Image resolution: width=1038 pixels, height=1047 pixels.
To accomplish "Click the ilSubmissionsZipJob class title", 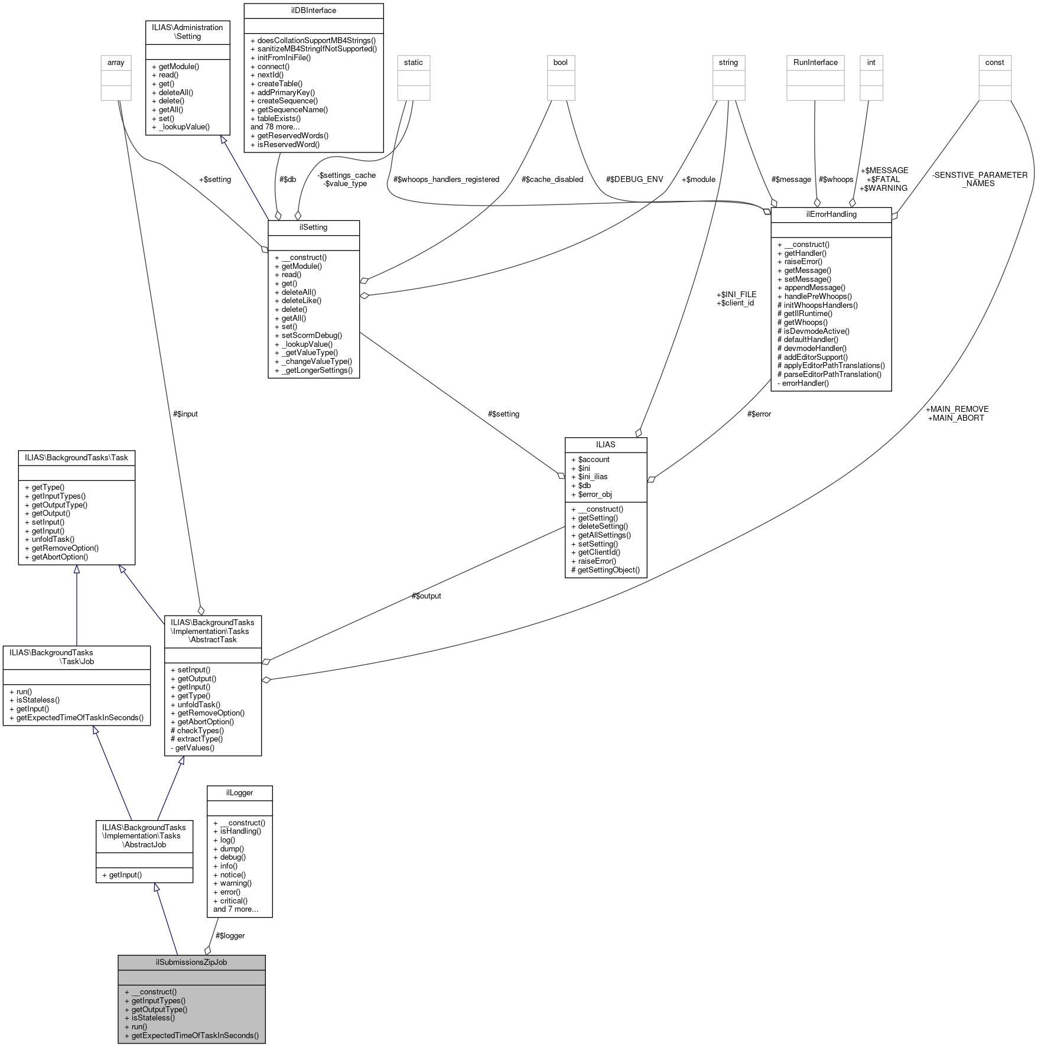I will pos(191,962).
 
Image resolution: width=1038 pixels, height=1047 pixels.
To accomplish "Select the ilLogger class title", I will pos(239,792).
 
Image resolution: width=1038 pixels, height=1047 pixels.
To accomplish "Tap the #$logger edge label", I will pos(230,935).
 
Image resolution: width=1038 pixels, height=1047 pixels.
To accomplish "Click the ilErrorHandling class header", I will pos(831,214).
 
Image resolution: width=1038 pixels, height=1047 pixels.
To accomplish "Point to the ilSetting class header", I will pos(313,227).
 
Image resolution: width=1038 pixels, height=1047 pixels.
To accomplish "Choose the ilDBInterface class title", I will pos(313,10).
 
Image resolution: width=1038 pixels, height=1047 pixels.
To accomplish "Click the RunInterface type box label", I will pos(815,62).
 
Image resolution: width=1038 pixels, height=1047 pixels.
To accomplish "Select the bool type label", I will pos(560,62).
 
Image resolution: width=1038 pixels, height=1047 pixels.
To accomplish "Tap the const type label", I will pos(994,62).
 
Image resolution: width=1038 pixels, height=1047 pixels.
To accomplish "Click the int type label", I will pos(871,62).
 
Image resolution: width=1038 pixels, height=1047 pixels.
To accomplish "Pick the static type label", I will pos(413,62).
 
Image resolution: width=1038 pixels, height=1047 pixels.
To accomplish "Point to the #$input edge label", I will pos(185,414).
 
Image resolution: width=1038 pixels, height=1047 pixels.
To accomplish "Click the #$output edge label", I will pos(426,596).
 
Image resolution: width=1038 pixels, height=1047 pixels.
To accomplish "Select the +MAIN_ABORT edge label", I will pos(956,418).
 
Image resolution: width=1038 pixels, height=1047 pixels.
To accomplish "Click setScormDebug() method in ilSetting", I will pos(308,335).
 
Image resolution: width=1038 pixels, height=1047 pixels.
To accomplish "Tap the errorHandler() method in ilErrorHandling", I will pos(805,383).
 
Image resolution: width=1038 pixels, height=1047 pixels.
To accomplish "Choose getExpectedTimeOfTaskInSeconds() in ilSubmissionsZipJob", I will pos(195,1035).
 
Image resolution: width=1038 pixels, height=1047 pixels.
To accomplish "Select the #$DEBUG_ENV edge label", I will pos(634,179).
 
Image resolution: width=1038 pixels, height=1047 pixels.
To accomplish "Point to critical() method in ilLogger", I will pos(233,900).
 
